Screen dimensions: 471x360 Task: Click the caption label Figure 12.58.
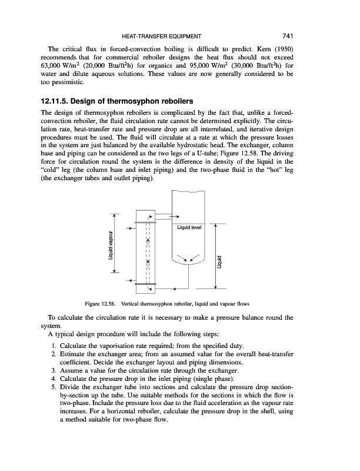[102, 304]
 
